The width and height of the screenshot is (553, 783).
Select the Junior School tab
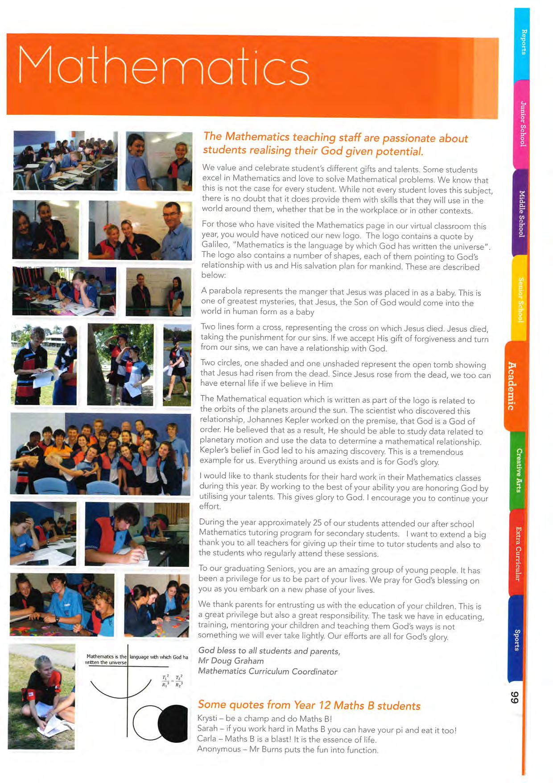[522, 124]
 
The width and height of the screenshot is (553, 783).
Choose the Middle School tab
[521, 213]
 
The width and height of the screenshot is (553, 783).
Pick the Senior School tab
[520, 299]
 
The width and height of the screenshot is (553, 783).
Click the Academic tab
[512, 385]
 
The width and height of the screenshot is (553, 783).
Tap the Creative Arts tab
[518, 470]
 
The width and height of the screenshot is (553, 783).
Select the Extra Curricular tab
[517, 554]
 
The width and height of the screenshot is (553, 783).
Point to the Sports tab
[516, 640]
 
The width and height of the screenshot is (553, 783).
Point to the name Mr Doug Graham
[231, 661]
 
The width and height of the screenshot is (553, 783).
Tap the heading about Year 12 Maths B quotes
[309, 705]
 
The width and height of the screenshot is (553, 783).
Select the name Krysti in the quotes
[207, 718]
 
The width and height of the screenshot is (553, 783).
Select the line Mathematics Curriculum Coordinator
[268, 671]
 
